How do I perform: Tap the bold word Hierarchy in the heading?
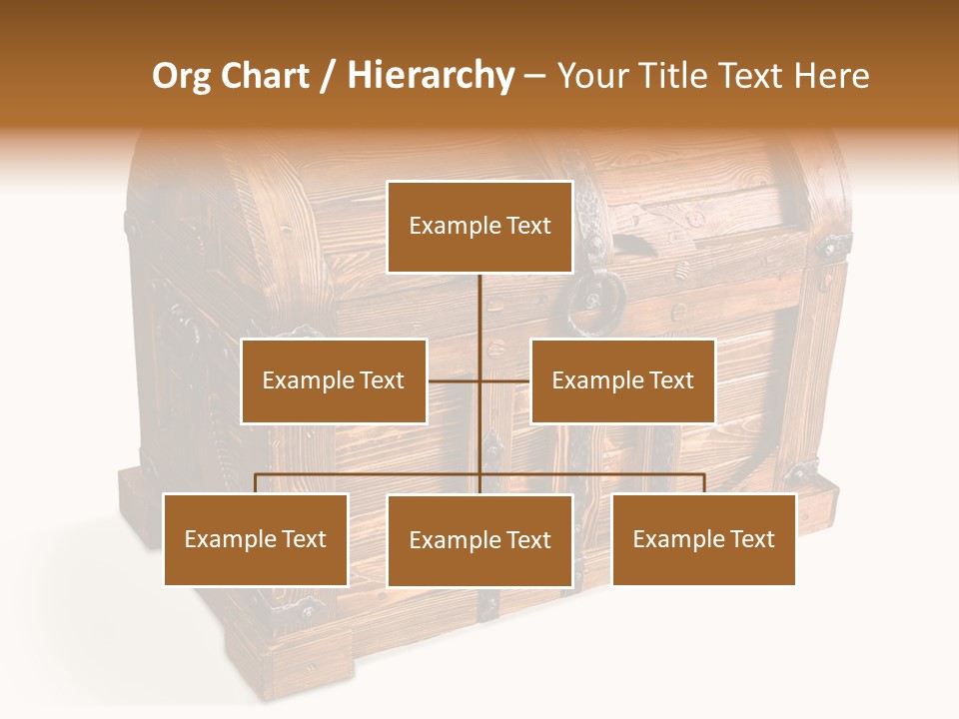[x=430, y=76]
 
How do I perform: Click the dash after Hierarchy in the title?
[x=535, y=76]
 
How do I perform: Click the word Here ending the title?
[x=831, y=76]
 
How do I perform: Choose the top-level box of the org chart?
[x=479, y=227]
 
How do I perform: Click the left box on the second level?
[x=334, y=381]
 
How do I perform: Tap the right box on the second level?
[x=622, y=381]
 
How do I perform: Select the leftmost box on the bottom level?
[x=256, y=540]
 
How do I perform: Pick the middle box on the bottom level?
[x=479, y=541]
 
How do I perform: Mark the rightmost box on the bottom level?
[x=704, y=540]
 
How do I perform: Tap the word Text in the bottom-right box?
[x=751, y=540]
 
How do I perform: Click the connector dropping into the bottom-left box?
[x=256, y=483]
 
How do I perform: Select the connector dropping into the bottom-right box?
[x=704, y=483]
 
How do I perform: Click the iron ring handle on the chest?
[x=594, y=300]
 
